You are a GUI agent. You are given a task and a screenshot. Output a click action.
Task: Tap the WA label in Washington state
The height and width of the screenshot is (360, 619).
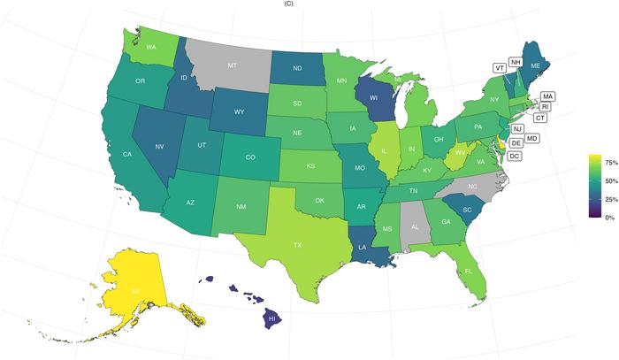click(151, 47)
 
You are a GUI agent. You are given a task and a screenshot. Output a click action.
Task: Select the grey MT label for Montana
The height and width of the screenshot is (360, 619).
click(233, 65)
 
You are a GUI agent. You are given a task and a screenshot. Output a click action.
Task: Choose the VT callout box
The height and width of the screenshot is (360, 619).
click(501, 67)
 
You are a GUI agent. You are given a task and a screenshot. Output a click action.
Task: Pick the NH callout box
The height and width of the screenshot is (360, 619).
click(516, 63)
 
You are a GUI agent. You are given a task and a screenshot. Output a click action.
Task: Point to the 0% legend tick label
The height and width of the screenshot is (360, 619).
click(609, 217)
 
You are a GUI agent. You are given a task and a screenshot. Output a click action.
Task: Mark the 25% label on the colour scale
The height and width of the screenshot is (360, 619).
click(609, 198)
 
